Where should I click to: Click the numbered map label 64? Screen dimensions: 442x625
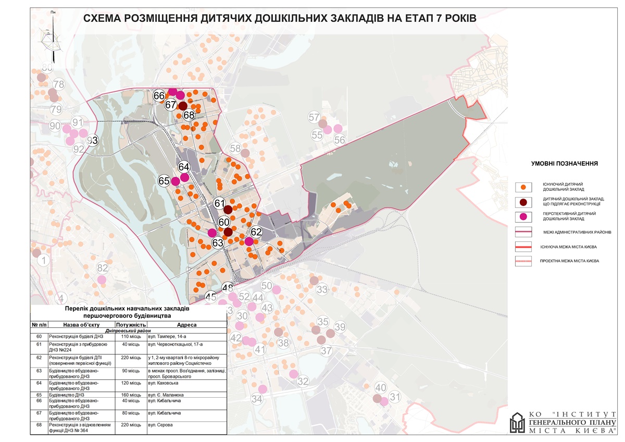184,167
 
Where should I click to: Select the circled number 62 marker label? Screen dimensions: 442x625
256,231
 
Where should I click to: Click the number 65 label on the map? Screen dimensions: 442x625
164,181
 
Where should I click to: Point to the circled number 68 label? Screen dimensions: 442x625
189,115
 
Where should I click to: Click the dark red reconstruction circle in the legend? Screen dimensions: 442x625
523,202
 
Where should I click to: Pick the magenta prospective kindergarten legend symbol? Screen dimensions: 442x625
523,217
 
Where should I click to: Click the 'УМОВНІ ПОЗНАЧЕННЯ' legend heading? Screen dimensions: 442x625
564,164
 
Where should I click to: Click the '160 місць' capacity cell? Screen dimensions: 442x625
128,395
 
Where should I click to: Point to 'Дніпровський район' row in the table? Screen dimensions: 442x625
128,330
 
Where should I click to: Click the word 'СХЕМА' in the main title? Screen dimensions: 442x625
107,19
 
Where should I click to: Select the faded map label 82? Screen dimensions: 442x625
103,268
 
